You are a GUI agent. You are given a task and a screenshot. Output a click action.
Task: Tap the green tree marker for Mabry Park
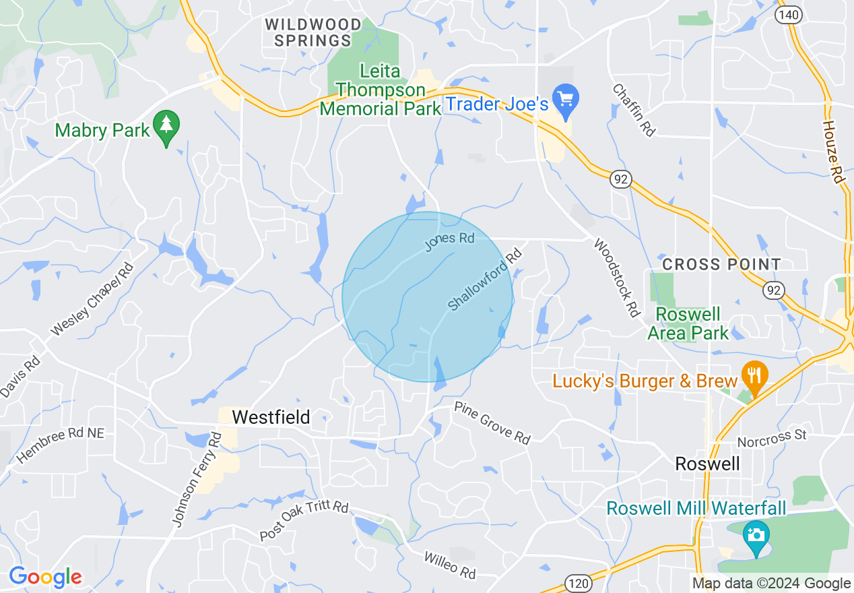click(x=166, y=126)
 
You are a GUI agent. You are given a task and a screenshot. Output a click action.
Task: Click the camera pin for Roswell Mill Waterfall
click(x=756, y=536)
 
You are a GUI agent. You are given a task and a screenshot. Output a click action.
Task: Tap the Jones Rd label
click(x=450, y=242)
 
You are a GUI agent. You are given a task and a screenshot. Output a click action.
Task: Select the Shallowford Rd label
click(x=485, y=280)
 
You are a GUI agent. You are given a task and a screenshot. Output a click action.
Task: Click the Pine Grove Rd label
click(x=492, y=423)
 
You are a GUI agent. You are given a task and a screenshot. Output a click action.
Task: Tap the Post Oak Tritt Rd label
click(x=304, y=520)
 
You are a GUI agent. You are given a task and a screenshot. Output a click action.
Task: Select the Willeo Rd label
click(x=450, y=565)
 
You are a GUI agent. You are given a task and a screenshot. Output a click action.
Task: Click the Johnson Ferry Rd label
click(x=197, y=480)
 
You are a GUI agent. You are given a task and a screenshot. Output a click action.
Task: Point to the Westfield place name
click(x=271, y=417)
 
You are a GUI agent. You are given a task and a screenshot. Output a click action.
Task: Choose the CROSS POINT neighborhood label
click(x=721, y=264)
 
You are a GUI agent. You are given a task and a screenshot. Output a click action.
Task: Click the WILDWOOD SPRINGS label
click(x=313, y=32)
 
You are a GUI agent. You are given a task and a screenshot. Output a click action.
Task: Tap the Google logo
click(x=45, y=578)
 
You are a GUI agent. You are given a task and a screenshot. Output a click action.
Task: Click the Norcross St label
click(x=772, y=439)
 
